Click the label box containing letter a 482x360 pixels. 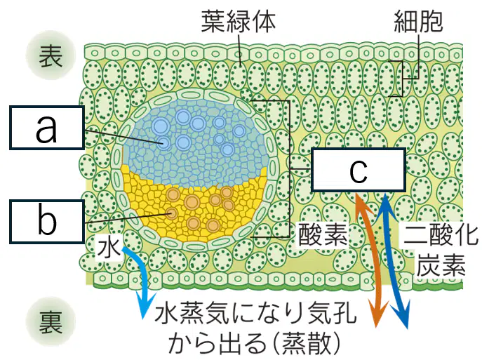(x=47, y=128)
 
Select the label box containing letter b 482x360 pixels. (x=47, y=221)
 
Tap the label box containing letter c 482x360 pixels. (x=359, y=170)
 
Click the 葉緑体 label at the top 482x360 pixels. (x=239, y=21)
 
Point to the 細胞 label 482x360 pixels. (x=418, y=21)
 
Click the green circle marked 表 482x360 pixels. (x=51, y=55)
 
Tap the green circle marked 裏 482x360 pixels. (x=51, y=321)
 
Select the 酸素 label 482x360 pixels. (x=323, y=234)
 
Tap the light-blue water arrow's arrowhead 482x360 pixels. (x=145, y=307)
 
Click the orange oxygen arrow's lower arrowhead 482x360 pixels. (x=377, y=314)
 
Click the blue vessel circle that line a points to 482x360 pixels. (x=164, y=143)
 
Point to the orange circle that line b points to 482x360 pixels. (x=172, y=213)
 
